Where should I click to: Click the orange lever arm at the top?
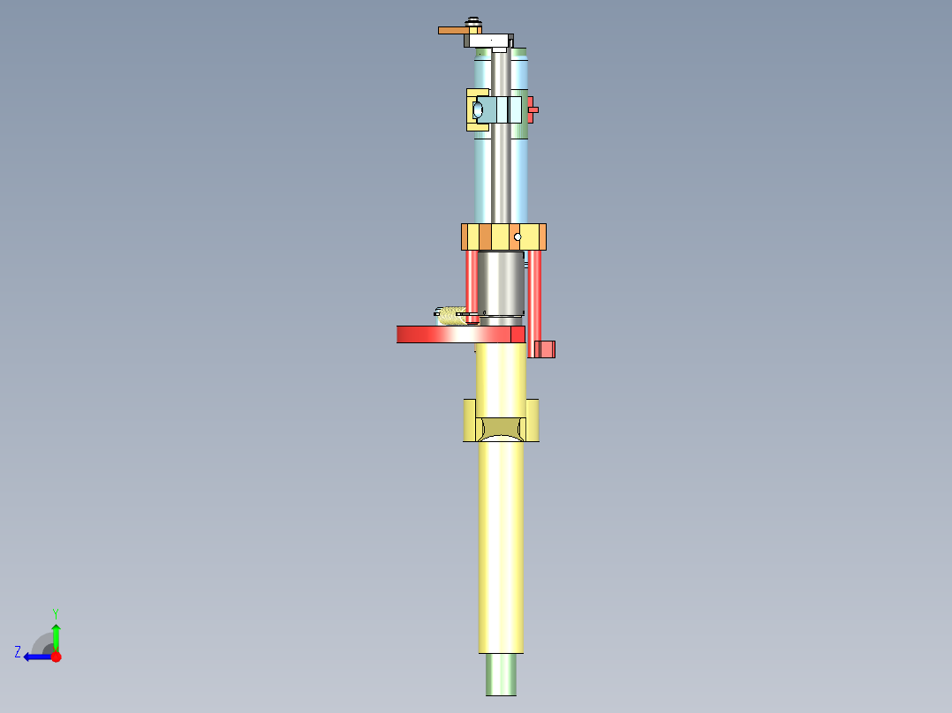point(453,31)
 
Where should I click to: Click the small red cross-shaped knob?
point(533,110)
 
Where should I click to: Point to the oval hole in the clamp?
point(478,110)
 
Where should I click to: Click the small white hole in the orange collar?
point(518,236)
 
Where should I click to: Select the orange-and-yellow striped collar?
point(503,236)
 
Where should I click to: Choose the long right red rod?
point(534,300)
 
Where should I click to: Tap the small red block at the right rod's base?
point(547,349)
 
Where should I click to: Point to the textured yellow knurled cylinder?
point(455,315)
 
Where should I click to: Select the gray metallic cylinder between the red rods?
point(501,282)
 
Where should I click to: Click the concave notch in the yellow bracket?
point(501,430)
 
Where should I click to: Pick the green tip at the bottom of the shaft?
point(501,675)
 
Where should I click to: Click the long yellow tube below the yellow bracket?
point(501,547)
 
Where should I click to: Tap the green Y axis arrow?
point(56,633)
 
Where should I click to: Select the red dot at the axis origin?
point(56,657)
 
